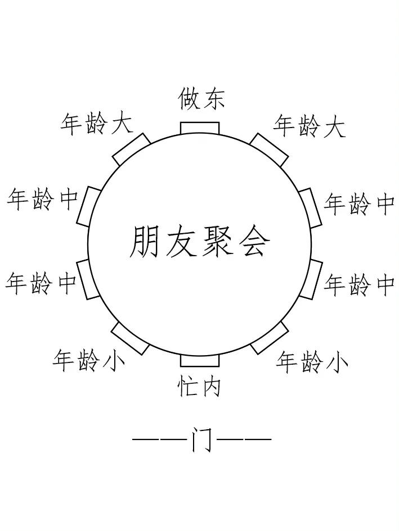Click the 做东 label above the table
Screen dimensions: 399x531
201,99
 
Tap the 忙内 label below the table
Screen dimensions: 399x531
200,387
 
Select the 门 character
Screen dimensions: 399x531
201,439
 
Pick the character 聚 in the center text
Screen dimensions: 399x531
217,242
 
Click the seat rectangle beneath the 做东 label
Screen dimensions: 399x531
200,128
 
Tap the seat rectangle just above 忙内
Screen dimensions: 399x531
200,360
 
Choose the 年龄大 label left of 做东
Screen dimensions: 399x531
97,124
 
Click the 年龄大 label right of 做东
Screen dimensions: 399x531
309,126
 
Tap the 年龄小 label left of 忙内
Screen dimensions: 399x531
89,360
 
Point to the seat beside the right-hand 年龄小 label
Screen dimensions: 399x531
269,338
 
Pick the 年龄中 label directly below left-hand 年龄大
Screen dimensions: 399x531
43,199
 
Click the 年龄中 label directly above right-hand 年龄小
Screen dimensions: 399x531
359,285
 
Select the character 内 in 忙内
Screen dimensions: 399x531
210,387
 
